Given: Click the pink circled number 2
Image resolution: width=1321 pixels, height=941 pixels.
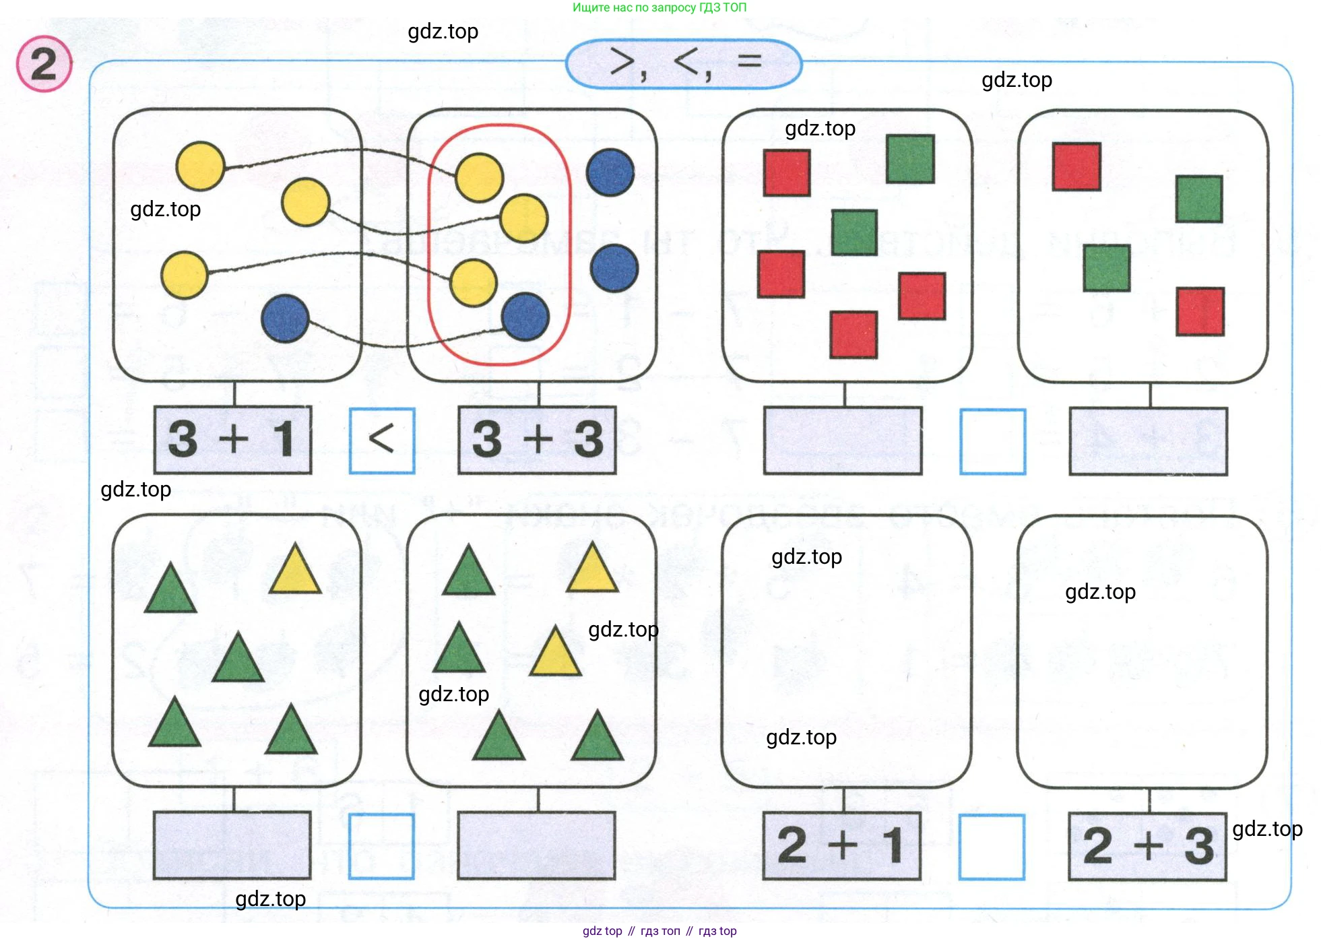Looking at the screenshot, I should click(44, 64).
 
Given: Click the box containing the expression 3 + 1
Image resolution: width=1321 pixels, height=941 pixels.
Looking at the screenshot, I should click(233, 439).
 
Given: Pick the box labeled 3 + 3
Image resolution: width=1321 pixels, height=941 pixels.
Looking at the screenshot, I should click(537, 439).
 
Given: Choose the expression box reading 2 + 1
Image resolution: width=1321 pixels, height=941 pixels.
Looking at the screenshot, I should click(841, 845).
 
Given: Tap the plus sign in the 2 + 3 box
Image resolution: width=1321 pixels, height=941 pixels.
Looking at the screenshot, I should click(1149, 845).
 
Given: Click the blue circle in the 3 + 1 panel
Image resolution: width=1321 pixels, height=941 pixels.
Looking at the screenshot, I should click(285, 319).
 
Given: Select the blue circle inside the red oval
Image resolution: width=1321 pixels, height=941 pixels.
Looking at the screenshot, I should click(525, 317).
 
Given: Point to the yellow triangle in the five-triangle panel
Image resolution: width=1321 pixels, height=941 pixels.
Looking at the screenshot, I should click(294, 571).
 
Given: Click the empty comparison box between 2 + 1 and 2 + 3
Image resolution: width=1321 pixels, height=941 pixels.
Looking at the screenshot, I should click(992, 847).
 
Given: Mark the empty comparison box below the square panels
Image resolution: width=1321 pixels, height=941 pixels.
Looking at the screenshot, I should click(992, 441).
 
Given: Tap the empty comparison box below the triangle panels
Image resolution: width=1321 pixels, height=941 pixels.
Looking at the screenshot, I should click(381, 846).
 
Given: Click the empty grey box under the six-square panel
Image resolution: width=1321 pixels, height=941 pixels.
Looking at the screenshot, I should click(842, 441).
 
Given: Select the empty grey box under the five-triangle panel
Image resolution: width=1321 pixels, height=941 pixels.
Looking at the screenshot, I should click(232, 845).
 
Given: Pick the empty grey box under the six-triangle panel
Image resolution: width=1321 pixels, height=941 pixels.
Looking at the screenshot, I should click(536, 845).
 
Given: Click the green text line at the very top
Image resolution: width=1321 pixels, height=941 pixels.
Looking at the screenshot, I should click(659, 8).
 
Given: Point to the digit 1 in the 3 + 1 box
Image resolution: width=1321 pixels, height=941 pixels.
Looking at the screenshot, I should click(284, 439).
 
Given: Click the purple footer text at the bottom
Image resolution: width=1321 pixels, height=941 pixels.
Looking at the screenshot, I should click(659, 931).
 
